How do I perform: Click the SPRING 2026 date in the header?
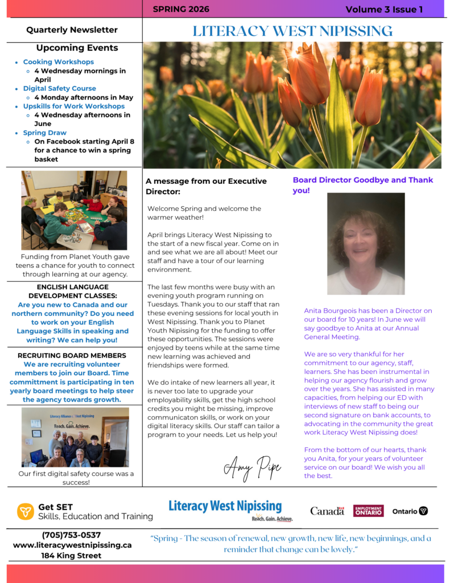click(x=181, y=9)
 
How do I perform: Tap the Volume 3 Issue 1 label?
click(x=384, y=9)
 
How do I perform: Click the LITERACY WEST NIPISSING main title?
click(x=292, y=31)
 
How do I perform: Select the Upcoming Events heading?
click(x=77, y=48)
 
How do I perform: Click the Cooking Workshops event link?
click(x=59, y=62)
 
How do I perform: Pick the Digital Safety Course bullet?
click(x=59, y=88)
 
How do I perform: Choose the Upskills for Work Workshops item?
click(x=74, y=106)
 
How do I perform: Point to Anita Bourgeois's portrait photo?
click(x=366, y=244)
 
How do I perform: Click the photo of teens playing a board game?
click(x=74, y=211)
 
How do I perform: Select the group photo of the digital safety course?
click(x=75, y=437)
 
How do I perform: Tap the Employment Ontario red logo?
click(x=368, y=511)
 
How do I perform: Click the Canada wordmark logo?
click(x=327, y=511)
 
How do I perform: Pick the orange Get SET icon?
click(x=25, y=511)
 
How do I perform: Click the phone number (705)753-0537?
click(x=71, y=535)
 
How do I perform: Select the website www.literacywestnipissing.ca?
click(x=72, y=545)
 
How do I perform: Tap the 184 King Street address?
click(x=71, y=555)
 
